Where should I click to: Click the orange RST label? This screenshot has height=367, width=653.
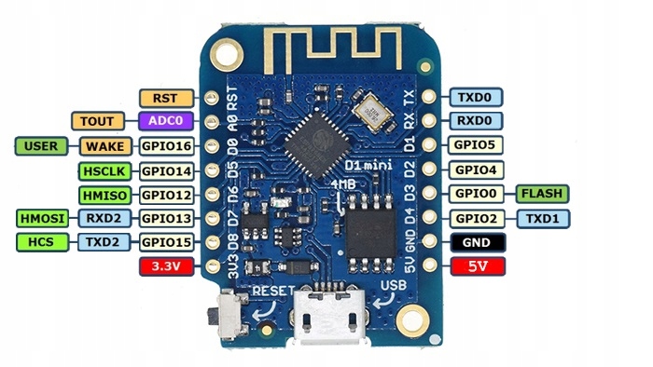tap(165, 97)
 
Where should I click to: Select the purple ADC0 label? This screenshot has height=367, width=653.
tap(165, 121)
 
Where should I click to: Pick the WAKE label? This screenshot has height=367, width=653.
tap(106, 146)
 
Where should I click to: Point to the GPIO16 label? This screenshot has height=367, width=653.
tap(165, 146)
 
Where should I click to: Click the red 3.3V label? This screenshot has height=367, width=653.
tap(165, 268)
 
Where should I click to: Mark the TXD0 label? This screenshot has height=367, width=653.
tap(477, 97)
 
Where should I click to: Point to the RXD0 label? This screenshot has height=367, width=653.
tap(477, 121)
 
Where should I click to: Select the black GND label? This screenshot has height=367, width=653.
tap(477, 243)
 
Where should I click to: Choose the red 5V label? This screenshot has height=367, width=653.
tap(477, 268)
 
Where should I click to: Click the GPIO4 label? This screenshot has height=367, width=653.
tap(477, 170)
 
